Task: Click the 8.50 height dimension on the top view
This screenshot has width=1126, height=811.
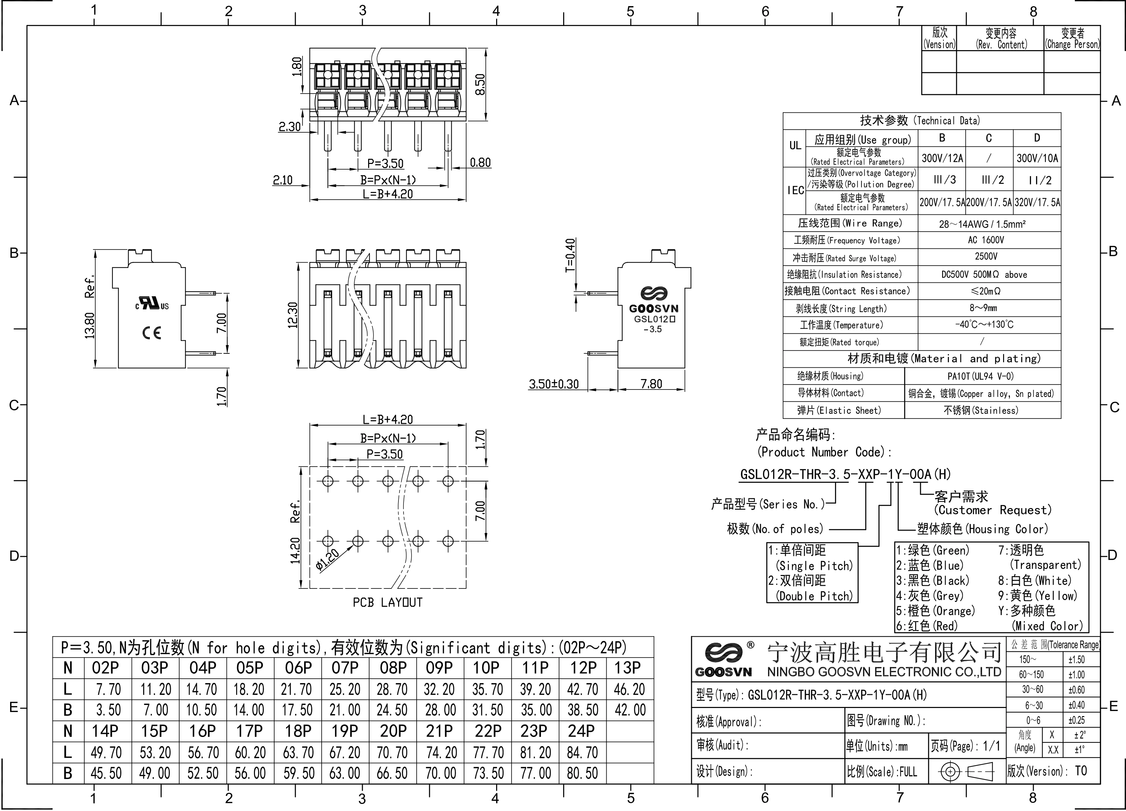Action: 480,85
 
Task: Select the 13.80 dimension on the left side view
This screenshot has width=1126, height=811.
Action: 90,326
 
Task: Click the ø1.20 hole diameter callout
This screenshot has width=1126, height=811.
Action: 328,560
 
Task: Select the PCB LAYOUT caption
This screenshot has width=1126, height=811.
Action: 387,602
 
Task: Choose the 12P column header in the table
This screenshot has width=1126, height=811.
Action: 583,668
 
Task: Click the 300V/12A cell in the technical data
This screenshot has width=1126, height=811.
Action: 942,158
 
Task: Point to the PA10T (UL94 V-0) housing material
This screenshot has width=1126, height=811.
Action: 980,376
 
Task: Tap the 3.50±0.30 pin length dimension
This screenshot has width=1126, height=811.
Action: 553,384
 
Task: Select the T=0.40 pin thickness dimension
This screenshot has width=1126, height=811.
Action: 571,255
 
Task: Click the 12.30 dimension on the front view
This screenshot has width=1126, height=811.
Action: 292,315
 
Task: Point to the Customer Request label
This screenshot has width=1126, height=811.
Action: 992,510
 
